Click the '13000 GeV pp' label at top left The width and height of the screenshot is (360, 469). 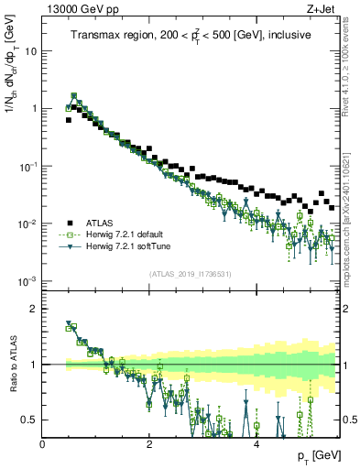(x=78, y=8)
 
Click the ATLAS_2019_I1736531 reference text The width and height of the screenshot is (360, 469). (x=190, y=274)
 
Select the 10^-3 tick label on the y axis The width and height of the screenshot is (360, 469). (x=27, y=281)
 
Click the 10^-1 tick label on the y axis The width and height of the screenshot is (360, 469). (x=27, y=167)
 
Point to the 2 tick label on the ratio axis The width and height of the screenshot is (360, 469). (x=35, y=308)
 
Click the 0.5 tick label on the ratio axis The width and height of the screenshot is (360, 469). (x=30, y=420)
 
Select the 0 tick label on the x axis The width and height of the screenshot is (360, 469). (x=42, y=443)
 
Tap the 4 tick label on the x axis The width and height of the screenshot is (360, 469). (x=256, y=443)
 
